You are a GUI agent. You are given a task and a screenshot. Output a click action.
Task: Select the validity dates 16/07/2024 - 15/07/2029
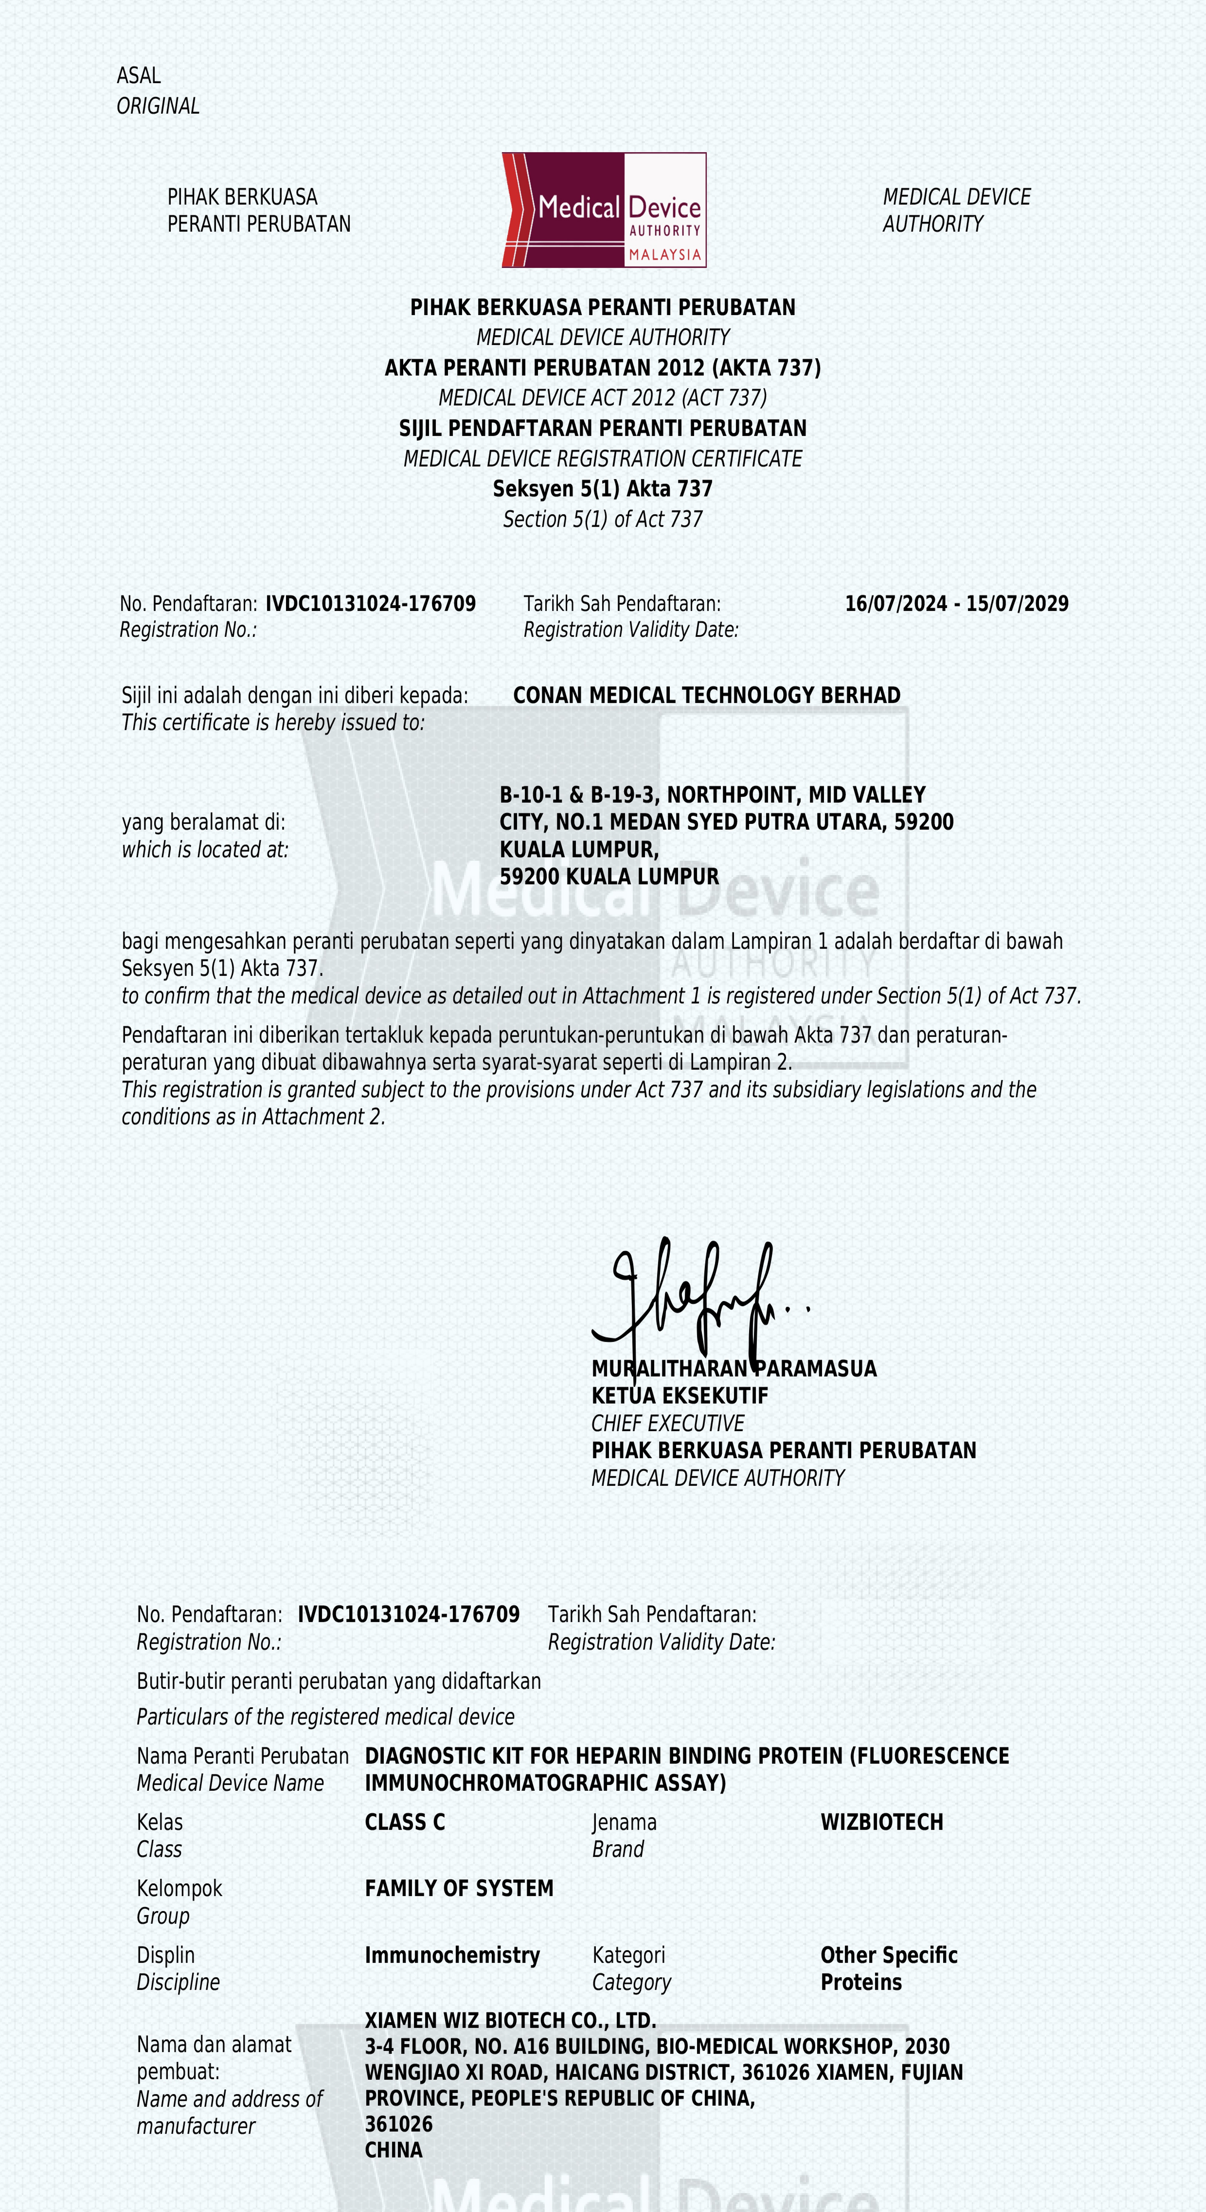(956, 604)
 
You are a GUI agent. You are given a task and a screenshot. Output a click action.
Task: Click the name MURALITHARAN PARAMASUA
(734, 1369)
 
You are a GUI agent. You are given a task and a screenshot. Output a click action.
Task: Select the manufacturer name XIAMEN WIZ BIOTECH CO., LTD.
(510, 2020)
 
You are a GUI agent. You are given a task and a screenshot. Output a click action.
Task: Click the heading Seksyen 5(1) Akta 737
(603, 489)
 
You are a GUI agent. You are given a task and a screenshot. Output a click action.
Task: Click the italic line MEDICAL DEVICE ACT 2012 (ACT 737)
(603, 398)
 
